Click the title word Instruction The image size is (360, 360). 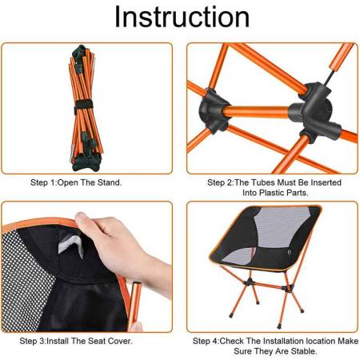tap(179, 18)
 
